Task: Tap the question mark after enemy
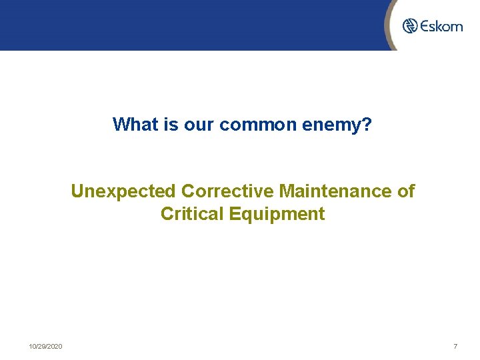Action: pyautogui.click(x=367, y=124)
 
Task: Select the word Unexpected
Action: pyautogui.click(x=123, y=192)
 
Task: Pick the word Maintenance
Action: pyautogui.click(x=335, y=191)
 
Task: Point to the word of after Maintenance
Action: pyautogui.click(x=405, y=191)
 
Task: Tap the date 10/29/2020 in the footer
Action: pyautogui.click(x=45, y=347)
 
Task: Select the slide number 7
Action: pyautogui.click(x=455, y=347)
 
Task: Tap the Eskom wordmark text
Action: pyautogui.click(x=441, y=26)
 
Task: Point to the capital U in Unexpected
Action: pyautogui.click(x=77, y=191)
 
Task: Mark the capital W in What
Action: pyautogui.click(x=120, y=124)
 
